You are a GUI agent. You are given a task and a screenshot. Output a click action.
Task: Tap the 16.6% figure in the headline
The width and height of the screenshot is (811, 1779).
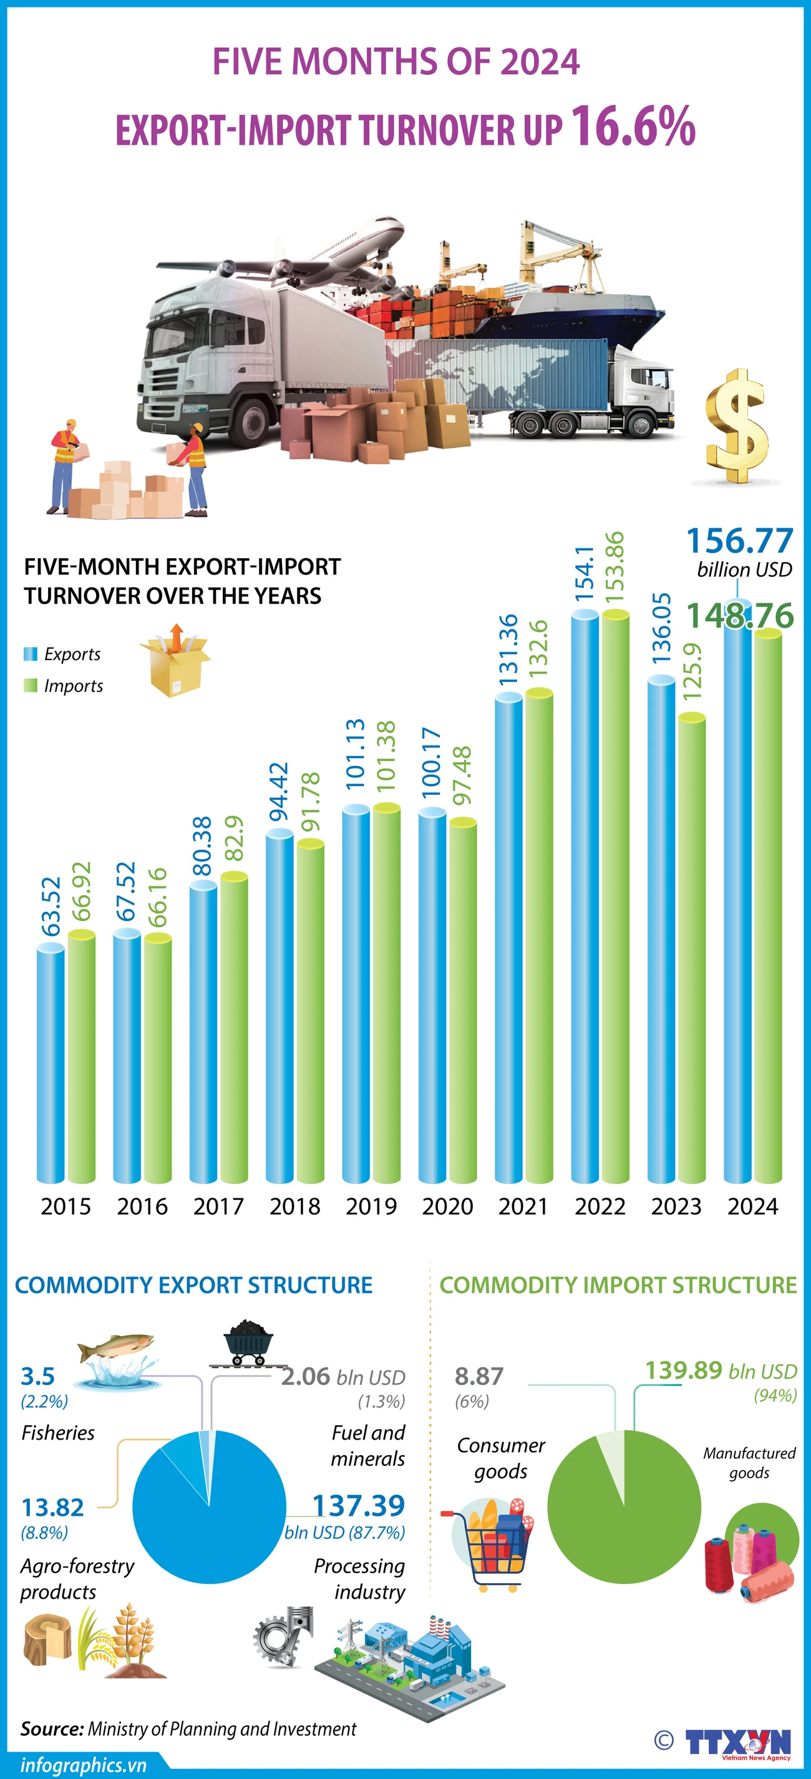click(x=632, y=127)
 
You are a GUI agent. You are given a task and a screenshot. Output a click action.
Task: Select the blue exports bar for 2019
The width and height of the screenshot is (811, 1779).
click(x=356, y=994)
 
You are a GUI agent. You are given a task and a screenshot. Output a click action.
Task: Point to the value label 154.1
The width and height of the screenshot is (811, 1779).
click(x=585, y=573)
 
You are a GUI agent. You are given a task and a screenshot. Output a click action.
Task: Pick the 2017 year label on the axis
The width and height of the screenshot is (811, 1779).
click(x=218, y=1206)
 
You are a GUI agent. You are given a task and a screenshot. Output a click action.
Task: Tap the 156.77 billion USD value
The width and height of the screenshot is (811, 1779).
click(x=740, y=541)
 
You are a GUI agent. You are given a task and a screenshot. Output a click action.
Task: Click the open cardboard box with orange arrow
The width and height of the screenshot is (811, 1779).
click(x=175, y=662)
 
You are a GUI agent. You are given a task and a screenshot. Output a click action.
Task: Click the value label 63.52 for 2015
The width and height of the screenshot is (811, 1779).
click(x=51, y=907)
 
